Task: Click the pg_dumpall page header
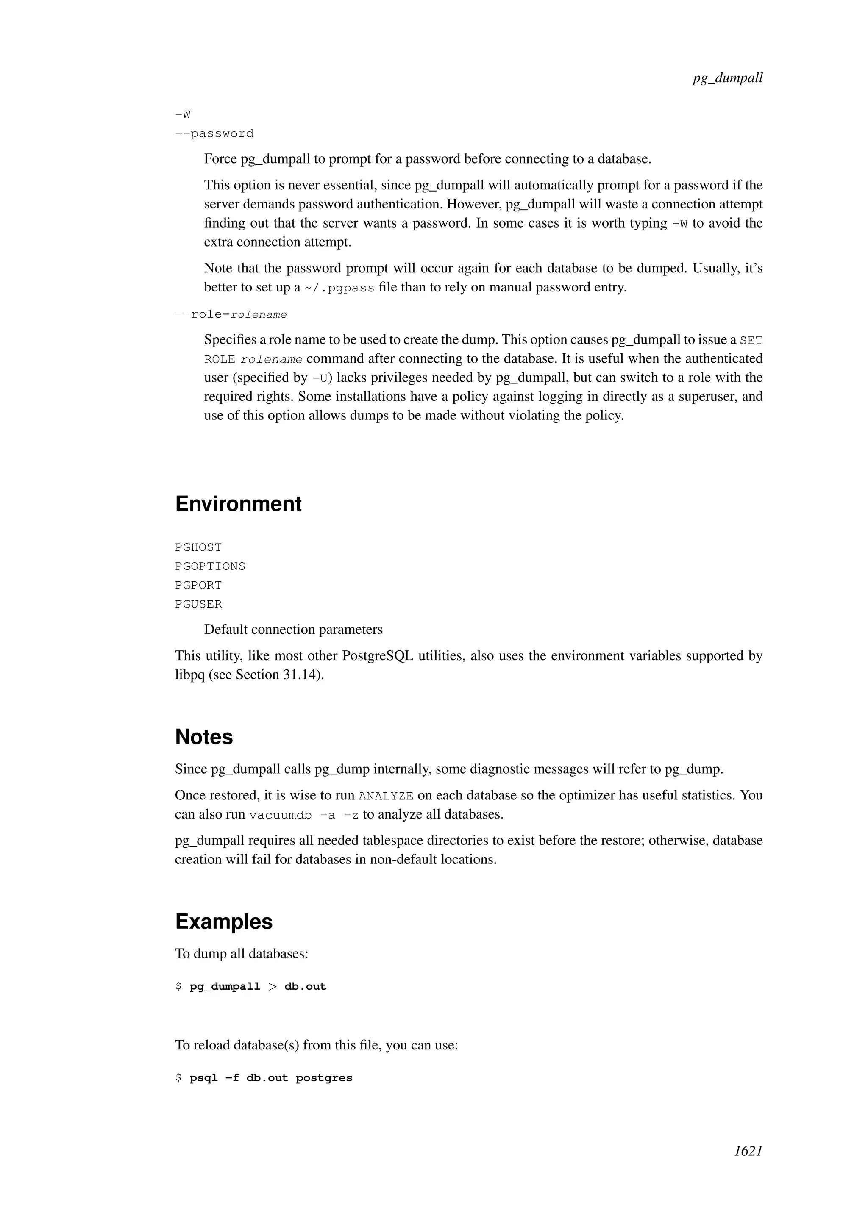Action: tap(727, 78)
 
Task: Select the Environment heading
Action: tap(238, 504)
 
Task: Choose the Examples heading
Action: tap(223, 922)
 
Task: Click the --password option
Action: tap(214, 133)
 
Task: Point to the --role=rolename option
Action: tap(231, 314)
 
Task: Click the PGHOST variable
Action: tap(198, 547)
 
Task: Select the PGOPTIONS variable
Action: tap(210, 566)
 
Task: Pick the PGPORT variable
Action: tap(198, 585)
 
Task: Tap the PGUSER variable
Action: tap(198, 605)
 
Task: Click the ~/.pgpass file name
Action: tap(339, 288)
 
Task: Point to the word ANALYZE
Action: tap(386, 796)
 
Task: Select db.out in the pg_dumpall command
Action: tap(305, 986)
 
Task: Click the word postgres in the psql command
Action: tap(324, 1078)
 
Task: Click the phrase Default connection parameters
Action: tap(293, 630)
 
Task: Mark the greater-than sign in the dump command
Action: tap(273, 986)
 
